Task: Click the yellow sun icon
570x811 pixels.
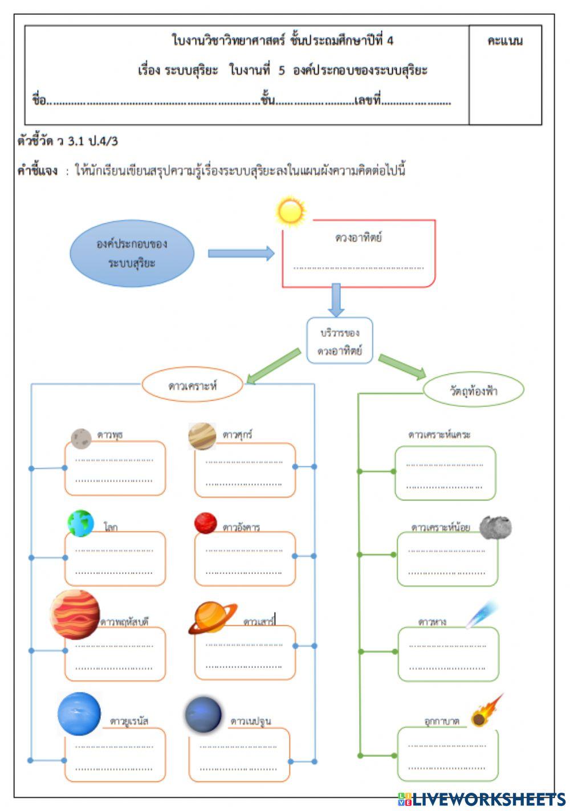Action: [290, 212]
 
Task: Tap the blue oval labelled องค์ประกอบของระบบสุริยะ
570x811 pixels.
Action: [132, 254]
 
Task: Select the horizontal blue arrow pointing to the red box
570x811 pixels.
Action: [241, 254]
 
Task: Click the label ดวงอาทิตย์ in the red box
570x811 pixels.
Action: [359, 238]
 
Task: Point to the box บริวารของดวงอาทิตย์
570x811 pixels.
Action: [340, 341]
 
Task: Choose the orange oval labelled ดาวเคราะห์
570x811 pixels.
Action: [193, 385]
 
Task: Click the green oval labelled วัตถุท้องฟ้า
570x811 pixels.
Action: [473, 391]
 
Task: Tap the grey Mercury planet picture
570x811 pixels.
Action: [82, 438]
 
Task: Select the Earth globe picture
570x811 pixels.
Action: [81, 523]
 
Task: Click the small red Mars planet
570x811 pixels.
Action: [205, 523]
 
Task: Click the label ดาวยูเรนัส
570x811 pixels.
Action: [129, 721]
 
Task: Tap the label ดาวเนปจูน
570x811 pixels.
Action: [251, 721]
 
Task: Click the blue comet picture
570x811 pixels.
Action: [482, 614]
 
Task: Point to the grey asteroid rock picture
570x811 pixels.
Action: [495, 528]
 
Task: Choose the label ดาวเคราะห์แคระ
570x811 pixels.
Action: [439, 434]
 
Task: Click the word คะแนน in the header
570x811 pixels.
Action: [505, 41]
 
